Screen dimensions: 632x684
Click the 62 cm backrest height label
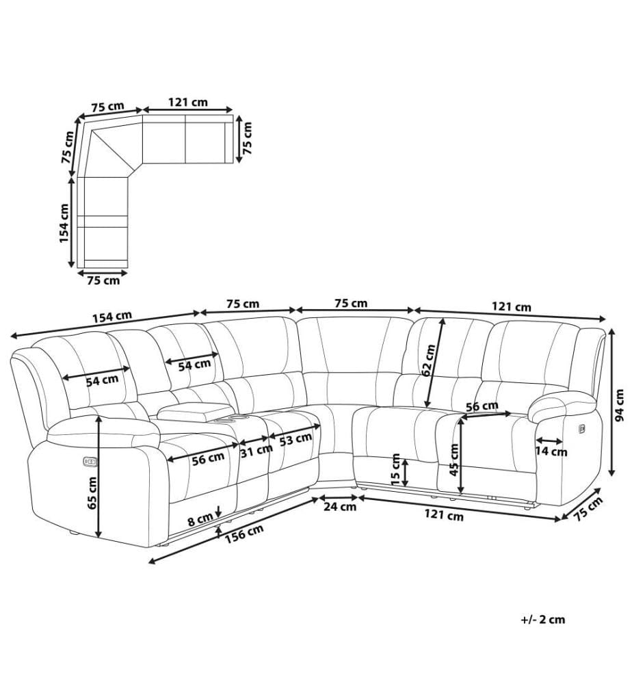pos(428,360)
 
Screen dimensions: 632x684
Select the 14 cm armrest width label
pos(551,451)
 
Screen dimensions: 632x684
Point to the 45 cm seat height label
pos(453,460)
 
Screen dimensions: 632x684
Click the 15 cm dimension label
pos(395,470)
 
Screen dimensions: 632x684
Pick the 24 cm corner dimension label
pos(340,506)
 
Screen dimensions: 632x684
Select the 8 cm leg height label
pos(200,520)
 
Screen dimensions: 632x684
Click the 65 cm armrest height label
pos(92,492)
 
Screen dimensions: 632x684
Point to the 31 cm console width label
pos(256,451)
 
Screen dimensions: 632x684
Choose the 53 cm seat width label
pos(295,439)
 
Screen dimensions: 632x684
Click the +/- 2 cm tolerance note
pos(542,620)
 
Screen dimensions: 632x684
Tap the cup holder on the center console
pos(231,420)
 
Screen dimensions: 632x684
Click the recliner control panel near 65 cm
pos(90,461)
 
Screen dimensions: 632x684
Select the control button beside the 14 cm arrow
pos(582,430)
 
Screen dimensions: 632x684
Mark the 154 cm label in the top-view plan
pos(64,223)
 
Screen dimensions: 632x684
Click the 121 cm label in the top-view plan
pos(188,103)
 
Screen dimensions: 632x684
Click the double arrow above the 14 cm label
pos(549,441)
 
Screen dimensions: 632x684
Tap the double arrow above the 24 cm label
pos(339,497)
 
